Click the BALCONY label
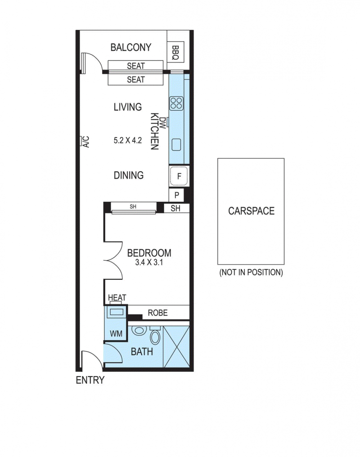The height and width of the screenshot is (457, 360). pos(131,47)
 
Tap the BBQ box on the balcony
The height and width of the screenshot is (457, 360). pos(175,52)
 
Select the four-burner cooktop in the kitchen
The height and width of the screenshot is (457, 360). pos(176,103)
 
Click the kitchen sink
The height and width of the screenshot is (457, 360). pos(176,145)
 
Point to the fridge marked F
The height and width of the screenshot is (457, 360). pos(179,176)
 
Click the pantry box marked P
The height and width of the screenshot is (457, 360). pos(176,195)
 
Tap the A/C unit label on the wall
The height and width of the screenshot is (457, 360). pos(86,142)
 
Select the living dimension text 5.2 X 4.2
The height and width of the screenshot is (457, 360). pos(128,140)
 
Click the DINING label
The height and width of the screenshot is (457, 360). pos(129,175)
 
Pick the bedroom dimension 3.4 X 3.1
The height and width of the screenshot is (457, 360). pos(149,262)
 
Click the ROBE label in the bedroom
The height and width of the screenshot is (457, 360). pos(157,313)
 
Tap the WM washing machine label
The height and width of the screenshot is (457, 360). pos(116,333)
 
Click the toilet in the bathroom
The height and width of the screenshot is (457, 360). pos(155,335)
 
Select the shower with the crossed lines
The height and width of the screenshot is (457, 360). pos(176,347)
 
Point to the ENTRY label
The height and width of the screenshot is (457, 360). pos(90,381)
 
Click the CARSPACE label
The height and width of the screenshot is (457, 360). pos(251,211)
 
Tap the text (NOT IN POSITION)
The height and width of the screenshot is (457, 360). pos(251,273)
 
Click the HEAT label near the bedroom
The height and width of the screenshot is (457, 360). pos(117,298)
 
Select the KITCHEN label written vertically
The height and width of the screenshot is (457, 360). pos(155,131)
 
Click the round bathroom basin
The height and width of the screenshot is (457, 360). pos(139,331)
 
